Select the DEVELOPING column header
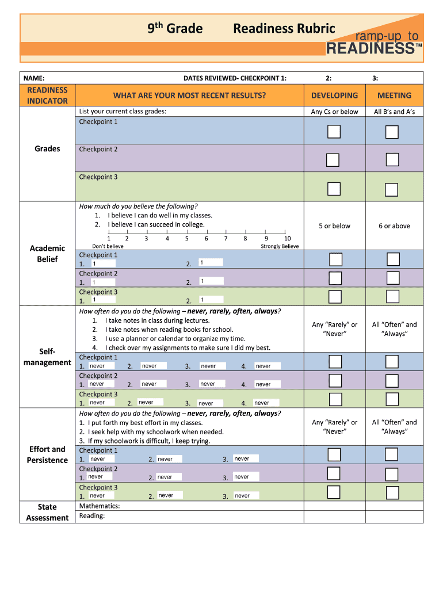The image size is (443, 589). [x=334, y=95]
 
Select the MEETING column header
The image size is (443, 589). [x=394, y=95]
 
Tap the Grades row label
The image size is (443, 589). [x=47, y=148]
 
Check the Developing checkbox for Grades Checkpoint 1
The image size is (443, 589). [x=334, y=132]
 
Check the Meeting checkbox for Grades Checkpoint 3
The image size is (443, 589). [x=392, y=189]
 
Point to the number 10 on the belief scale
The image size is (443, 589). [x=287, y=238]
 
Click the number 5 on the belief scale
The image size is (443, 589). [x=186, y=238]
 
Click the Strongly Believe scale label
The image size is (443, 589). [x=280, y=246]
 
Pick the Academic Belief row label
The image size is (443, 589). [x=47, y=254]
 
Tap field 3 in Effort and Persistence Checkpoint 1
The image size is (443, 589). [x=246, y=459]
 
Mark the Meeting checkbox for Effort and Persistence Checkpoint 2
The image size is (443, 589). [x=392, y=474]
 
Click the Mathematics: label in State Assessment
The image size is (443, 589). [x=99, y=506]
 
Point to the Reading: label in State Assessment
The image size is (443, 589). [x=92, y=516]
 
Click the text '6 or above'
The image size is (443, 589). [x=394, y=226]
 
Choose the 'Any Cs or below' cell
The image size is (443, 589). [x=334, y=112]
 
